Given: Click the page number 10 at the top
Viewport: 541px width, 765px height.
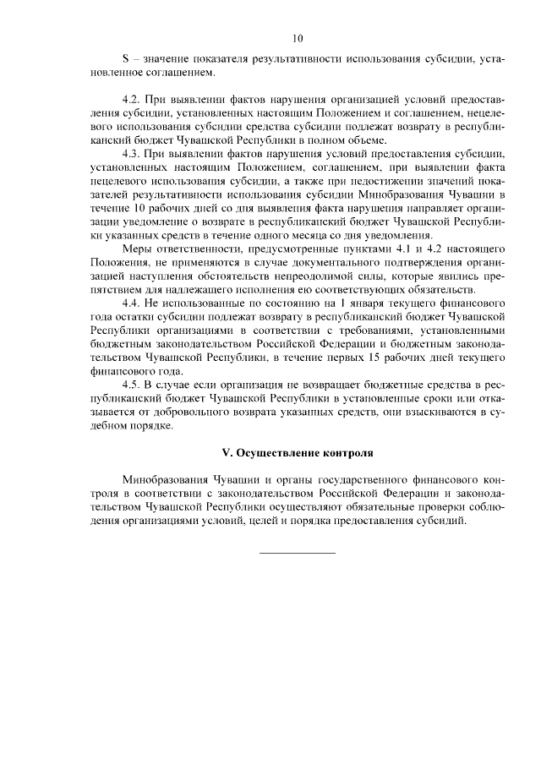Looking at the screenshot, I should coord(297,38).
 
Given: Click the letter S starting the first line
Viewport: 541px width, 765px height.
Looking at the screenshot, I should coord(125,61).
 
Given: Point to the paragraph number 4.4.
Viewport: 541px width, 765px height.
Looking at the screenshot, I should coord(132,302).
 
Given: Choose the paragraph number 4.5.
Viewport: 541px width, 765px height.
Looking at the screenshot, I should coord(132,386).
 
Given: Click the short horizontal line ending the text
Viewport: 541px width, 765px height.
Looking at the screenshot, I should coord(296,553).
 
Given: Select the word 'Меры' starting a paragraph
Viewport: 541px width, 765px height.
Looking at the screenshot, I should coord(139,251).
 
